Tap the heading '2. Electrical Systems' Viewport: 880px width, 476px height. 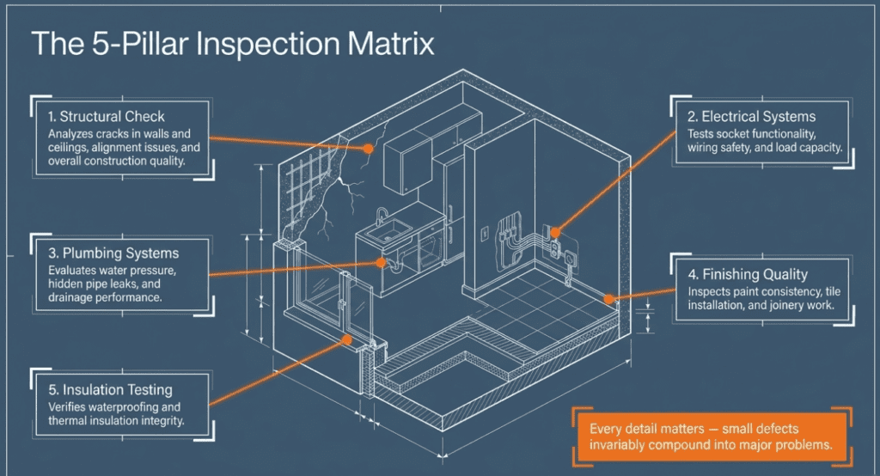point(752,116)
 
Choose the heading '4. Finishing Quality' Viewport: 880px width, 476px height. point(749,274)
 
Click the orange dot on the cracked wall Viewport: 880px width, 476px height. point(368,148)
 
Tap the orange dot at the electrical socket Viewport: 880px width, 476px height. point(556,231)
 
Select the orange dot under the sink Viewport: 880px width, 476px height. point(382,265)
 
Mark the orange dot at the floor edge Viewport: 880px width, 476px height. point(609,299)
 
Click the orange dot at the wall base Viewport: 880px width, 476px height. point(347,339)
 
